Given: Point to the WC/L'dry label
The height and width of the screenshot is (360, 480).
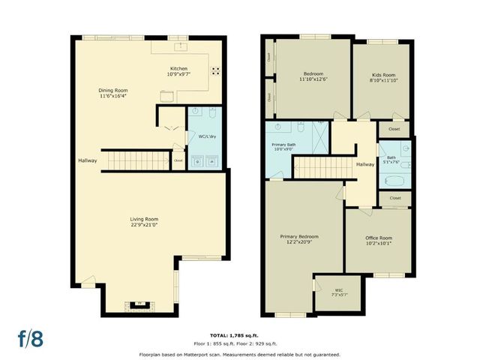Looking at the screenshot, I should pos(206,136).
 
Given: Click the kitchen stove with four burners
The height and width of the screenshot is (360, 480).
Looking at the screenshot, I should pos(214,72).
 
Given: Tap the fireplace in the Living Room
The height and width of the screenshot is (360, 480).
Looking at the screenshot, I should pos(139,304).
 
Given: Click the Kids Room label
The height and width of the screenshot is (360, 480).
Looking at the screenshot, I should pos(382,76).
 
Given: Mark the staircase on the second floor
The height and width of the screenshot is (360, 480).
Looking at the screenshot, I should pos(322,166).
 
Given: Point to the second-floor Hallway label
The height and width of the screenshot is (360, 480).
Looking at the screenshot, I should pos(365,165).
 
